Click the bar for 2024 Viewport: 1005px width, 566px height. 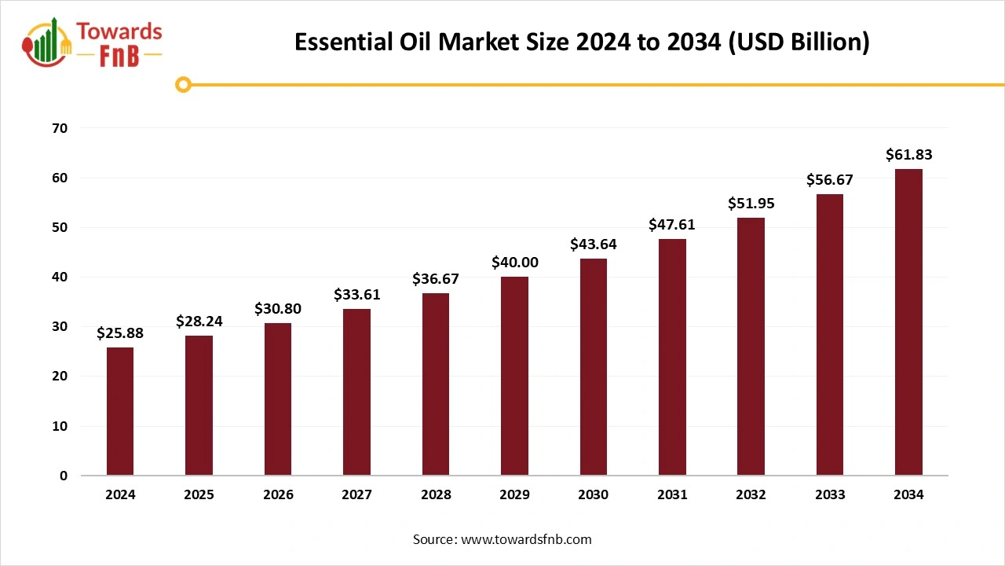pyautogui.click(x=120, y=411)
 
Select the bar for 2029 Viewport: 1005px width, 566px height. pyautogui.click(x=515, y=376)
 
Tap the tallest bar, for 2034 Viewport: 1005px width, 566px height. pyautogui.click(x=909, y=322)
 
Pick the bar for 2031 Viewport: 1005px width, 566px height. pyautogui.click(x=672, y=357)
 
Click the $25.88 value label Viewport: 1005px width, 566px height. pyautogui.click(x=120, y=333)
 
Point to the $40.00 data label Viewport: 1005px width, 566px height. pyautogui.click(x=515, y=263)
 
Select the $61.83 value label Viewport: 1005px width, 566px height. pyautogui.click(x=909, y=155)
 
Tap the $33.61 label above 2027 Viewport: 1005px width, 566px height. pyautogui.click(x=357, y=295)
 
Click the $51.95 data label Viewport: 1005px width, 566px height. pyautogui.click(x=751, y=204)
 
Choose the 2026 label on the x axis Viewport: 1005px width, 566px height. pyautogui.click(x=278, y=495)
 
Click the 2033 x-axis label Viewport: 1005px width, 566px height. pyautogui.click(x=830, y=495)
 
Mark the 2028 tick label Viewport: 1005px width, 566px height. pyautogui.click(x=436, y=495)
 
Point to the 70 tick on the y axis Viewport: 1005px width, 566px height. pyautogui.click(x=60, y=128)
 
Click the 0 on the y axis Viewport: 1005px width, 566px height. pyautogui.click(x=64, y=476)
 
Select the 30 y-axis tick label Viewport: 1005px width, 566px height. pyautogui.click(x=60, y=327)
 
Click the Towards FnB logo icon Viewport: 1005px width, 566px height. pyautogui.click(x=47, y=43)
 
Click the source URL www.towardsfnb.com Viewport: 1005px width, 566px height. pyautogui.click(x=525, y=539)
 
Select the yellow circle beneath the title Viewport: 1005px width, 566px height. pyautogui.click(x=183, y=84)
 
